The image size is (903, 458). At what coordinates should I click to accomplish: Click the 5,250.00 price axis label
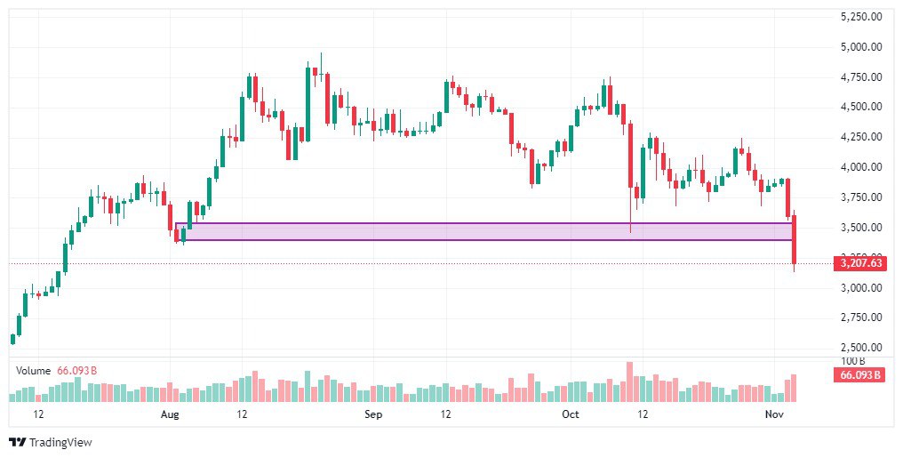click(861, 16)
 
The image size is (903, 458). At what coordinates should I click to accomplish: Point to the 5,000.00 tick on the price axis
click(861, 46)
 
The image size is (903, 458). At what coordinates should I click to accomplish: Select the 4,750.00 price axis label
click(861, 76)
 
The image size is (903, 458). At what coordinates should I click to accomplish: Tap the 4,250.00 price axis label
click(861, 137)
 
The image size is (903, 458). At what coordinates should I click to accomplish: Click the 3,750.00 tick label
click(861, 197)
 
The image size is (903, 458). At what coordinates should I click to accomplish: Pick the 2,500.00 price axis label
click(861, 348)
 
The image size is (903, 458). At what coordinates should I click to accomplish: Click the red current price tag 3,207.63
click(861, 263)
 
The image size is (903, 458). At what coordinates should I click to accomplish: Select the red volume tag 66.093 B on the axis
click(859, 374)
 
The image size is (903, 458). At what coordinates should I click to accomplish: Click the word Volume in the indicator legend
click(33, 369)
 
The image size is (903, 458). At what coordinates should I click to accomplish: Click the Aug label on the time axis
click(170, 414)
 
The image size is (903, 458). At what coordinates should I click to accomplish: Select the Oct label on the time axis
click(571, 414)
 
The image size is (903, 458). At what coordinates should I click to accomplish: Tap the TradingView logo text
click(60, 442)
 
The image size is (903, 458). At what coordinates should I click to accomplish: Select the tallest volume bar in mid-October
click(629, 382)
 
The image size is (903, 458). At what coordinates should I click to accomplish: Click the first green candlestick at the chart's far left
click(12, 339)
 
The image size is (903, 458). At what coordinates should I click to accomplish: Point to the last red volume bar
click(794, 389)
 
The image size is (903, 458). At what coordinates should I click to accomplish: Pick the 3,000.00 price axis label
click(861, 287)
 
